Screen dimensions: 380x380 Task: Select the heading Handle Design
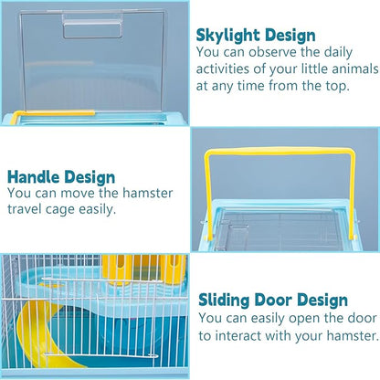pyautogui.click(x=61, y=177)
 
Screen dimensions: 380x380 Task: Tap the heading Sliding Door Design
pyautogui.click(x=272, y=300)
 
